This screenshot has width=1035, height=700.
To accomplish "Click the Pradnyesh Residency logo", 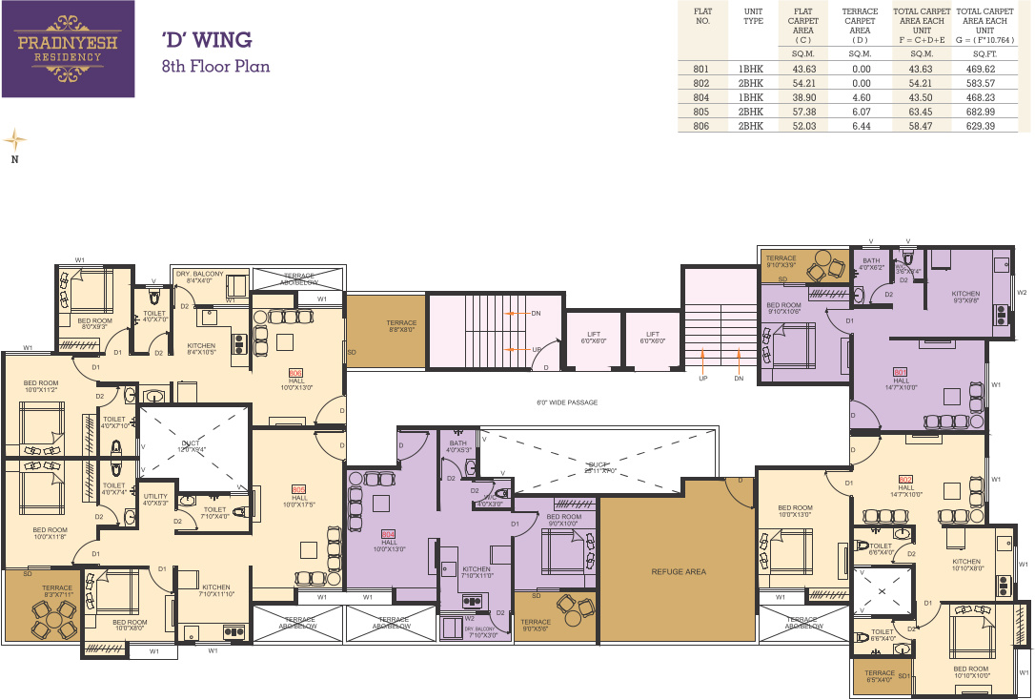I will click(68, 49).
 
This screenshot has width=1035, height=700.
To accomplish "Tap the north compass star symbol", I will click(14, 139).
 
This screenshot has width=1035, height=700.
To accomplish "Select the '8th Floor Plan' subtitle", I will click(215, 67).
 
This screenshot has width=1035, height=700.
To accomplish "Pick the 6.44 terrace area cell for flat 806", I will click(861, 126).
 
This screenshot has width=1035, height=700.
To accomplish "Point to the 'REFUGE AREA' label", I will click(678, 571).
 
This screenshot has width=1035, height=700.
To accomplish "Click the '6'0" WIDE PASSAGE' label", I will click(567, 402).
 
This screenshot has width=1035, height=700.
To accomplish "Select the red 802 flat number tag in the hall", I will click(905, 479).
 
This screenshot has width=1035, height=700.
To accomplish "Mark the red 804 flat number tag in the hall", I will click(388, 533).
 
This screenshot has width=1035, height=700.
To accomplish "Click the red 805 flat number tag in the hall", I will click(299, 488).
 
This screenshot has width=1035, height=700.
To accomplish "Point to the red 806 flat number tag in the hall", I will click(295, 372).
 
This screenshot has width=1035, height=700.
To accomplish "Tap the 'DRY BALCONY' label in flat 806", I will click(199, 275).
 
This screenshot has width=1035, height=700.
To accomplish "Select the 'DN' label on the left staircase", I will click(536, 313).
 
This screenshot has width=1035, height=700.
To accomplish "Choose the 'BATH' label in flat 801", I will click(871, 261).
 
